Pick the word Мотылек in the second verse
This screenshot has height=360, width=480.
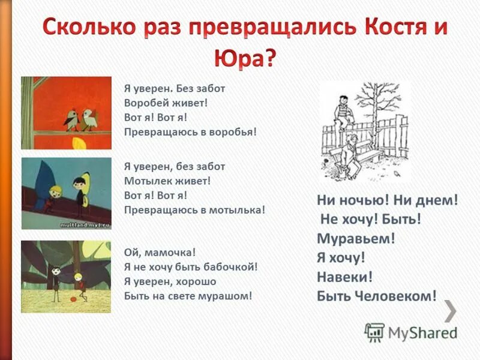tap(146, 181)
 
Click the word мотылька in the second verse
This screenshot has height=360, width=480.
tap(238, 209)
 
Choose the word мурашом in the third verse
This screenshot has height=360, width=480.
tap(228, 295)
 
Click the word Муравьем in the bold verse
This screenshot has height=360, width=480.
tap(356, 238)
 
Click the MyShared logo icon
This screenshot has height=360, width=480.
tap(374, 332)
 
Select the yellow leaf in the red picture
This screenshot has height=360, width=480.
tap(78, 144)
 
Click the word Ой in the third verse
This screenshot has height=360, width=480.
tap(131, 253)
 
